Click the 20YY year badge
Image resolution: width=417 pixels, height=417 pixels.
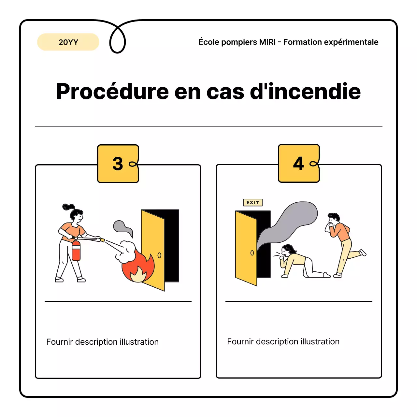(x=68, y=42)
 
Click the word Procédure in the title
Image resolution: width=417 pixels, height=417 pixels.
(x=112, y=92)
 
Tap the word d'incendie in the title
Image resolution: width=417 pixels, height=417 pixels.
(x=305, y=92)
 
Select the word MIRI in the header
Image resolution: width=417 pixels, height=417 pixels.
(x=267, y=42)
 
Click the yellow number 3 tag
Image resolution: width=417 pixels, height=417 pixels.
(x=118, y=164)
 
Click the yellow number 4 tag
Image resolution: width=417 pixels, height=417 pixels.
(x=299, y=163)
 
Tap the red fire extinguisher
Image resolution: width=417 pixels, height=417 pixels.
(x=76, y=251)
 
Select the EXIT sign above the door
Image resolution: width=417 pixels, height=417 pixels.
(x=253, y=203)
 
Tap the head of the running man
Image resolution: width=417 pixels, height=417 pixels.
(x=334, y=218)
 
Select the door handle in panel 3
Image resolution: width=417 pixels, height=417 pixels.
(x=159, y=255)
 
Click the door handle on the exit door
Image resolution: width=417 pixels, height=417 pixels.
(x=252, y=253)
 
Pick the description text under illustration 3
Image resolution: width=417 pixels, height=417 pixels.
(x=102, y=342)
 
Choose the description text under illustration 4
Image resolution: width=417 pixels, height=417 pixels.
(x=283, y=341)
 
